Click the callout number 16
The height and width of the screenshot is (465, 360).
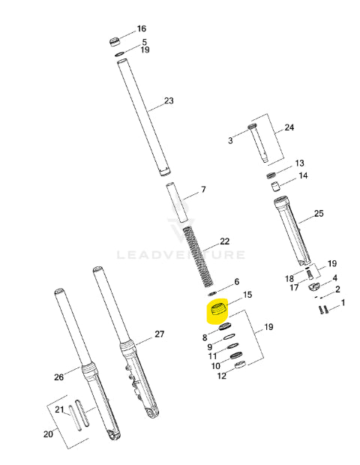point(142,28)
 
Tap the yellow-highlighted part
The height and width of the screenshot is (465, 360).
point(217,310)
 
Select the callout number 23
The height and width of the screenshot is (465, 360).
point(169,100)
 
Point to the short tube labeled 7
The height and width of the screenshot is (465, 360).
point(177,202)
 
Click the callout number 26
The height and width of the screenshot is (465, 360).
point(58,377)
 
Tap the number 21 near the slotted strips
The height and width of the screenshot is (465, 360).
point(59,409)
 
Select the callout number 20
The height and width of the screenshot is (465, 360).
point(48,434)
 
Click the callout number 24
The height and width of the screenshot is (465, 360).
point(289,127)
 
